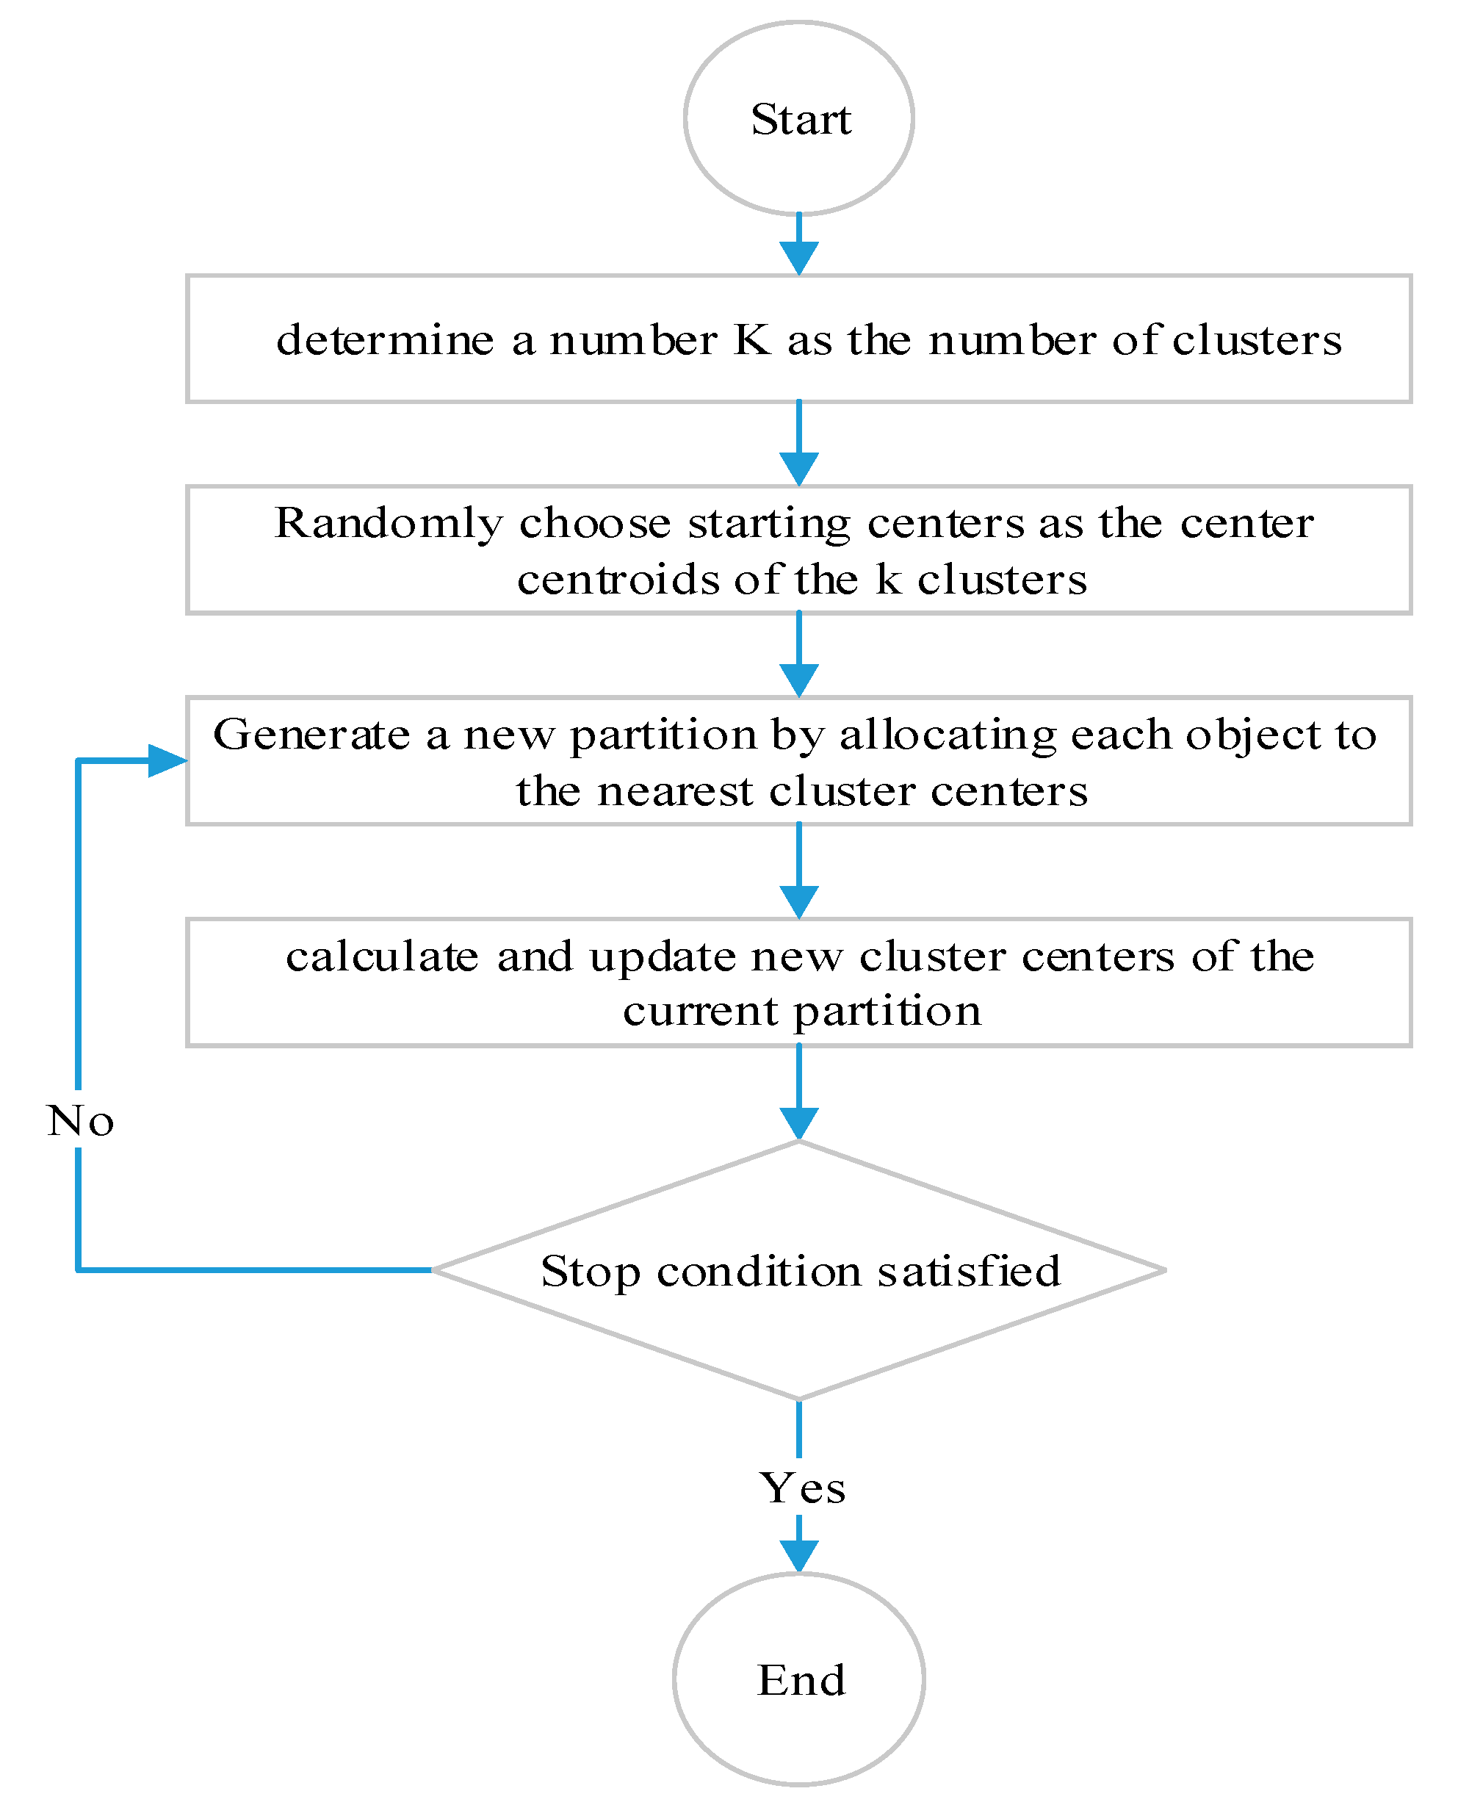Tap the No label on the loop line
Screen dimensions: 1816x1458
coord(80,1121)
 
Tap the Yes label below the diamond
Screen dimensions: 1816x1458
coord(802,1488)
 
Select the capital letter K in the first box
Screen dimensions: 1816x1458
coord(751,340)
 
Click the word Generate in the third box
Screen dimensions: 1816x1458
coord(311,735)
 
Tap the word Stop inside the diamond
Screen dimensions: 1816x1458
coord(590,1272)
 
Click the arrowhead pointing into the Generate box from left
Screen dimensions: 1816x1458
coord(166,760)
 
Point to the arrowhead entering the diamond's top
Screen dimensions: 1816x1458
coord(798,1123)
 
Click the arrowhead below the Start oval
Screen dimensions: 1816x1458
coord(798,257)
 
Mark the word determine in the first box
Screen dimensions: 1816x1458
coord(385,340)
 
